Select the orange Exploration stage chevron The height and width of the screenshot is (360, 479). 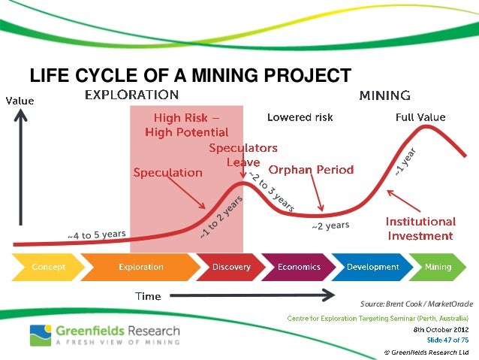point(140,267)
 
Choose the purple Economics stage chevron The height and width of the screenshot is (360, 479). point(298,267)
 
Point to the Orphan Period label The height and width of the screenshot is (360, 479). point(311,170)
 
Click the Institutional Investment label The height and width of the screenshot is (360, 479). point(420,228)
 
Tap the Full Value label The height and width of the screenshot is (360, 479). point(420,117)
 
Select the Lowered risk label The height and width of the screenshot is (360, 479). point(300,117)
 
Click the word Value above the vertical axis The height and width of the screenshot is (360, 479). point(20,100)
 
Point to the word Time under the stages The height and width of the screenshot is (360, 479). point(148,295)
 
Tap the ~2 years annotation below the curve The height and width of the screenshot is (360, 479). point(330,225)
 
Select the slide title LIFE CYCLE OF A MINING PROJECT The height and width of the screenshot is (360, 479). point(190,76)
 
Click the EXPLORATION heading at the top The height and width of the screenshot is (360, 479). point(131,95)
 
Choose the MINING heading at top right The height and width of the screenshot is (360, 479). point(384,95)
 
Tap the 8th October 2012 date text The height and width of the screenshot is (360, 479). point(441,329)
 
